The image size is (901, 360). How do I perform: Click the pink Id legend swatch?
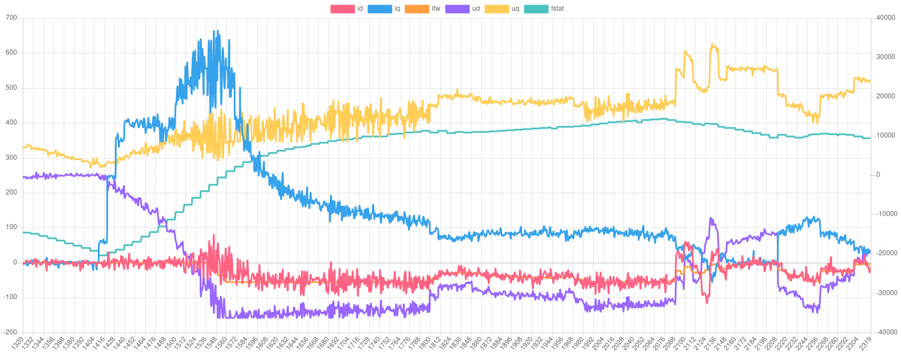[342, 9]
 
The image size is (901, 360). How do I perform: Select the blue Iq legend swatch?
[379, 9]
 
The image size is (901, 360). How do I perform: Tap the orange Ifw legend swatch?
[417, 9]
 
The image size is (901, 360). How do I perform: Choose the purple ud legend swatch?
[457, 9]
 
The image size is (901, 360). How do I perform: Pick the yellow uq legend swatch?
[496, 9]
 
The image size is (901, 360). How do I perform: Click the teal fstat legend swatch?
[535, 9]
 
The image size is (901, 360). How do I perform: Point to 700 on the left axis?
[11, 18]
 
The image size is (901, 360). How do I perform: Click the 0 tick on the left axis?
[15, 262]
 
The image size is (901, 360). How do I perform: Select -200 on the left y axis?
[10, 332]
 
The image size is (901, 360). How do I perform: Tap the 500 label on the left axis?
[11, 88]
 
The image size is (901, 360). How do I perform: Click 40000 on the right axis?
[886, 18]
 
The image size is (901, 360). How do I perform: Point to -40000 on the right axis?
[885, 332]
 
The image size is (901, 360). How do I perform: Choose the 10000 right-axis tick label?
[886, 135]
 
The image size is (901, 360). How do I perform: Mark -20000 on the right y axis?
[885, 253]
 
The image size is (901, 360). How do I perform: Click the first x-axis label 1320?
[18, 345]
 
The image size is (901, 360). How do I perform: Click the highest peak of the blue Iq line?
[214, 31]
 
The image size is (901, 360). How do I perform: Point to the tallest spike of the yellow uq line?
[712, 44]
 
